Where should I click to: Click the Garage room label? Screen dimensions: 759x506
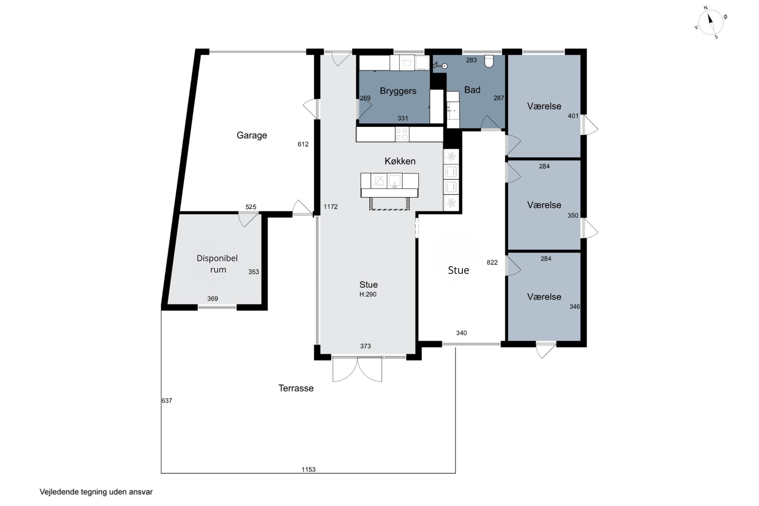point(252,135)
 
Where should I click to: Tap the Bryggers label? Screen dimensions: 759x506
point(398,91)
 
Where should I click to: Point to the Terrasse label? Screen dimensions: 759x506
point(296,388)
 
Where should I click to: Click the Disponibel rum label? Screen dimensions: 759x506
point(218,264)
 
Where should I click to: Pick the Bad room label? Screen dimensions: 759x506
point(472,90)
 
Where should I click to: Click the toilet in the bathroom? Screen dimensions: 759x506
point(489,61)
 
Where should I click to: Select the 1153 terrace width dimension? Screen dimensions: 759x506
point(308,469)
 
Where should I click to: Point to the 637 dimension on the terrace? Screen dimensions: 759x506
point(167,400)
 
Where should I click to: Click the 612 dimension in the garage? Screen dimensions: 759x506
point(303,144)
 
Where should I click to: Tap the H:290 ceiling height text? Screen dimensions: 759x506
point(368,294)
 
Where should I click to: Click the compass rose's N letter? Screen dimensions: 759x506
point(706,8)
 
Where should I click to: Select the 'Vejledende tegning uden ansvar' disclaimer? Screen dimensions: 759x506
point(96,492)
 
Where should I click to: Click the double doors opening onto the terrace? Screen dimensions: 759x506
point(357,369)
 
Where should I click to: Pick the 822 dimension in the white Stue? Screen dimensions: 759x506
point(492,263)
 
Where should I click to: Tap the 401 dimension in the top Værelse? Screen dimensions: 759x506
point(573,116)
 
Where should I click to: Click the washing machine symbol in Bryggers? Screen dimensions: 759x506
point(407,62)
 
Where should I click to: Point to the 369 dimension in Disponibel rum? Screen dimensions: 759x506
point(213,299)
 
